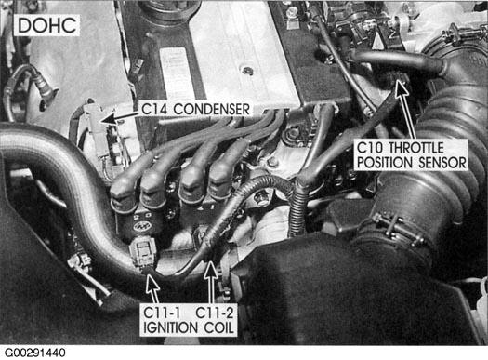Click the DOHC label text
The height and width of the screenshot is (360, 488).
click(47, 25)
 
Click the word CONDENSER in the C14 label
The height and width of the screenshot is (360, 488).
click(211, 110)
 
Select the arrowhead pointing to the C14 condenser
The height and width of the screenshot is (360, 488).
click(107, 120)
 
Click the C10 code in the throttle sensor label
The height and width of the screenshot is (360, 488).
click(370, 148)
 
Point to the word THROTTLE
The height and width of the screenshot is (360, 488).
click(416, 148)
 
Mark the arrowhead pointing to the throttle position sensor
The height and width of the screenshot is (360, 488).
click(402, 88)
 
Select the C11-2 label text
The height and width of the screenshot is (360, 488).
click(215, 313)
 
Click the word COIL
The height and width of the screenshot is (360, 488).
click(218, 327)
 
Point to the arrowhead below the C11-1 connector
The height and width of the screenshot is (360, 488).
click(152, 282)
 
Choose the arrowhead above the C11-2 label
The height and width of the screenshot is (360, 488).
click(211, 270)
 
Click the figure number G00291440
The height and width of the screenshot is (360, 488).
click(35, 353)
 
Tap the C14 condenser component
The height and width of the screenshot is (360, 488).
click(95, 127)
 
